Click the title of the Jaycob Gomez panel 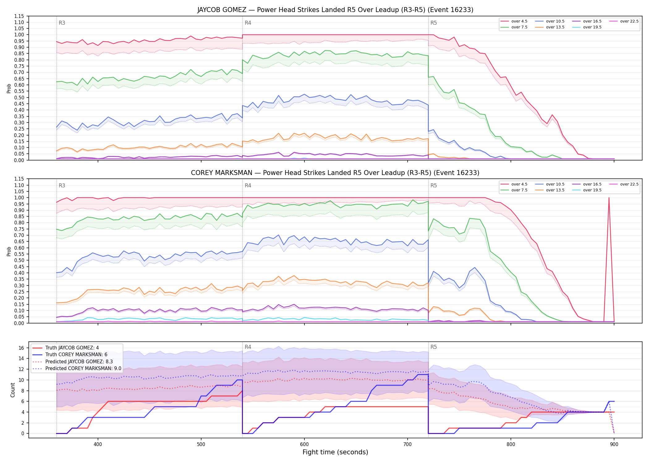point(335,10)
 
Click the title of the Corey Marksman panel point(335,173)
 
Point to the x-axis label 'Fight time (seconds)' point(335,452)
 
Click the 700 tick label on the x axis point(408,444)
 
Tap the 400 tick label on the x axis point(98,444)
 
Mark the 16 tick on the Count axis point(21,348)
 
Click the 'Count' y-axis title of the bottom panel point(13,390)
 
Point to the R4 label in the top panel point(248,23)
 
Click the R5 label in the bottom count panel point(434,347)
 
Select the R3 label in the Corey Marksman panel point(62,186)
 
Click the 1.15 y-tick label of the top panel point(19,16)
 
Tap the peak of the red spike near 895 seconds point(609,198)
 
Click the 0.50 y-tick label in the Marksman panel point(19,260)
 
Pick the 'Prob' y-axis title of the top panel point(9,88)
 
